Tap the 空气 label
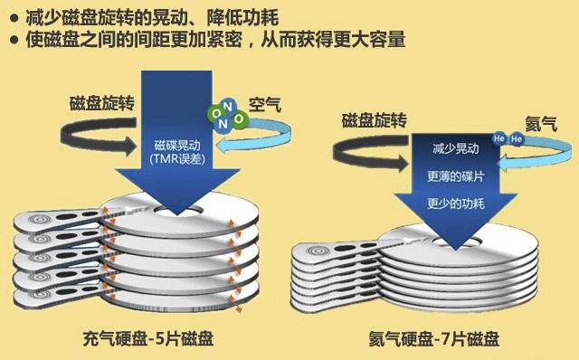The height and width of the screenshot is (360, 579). click(265, 105)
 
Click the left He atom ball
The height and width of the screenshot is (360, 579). click(498, 139)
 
